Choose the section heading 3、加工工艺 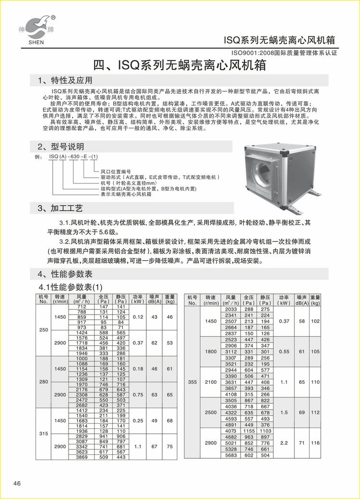[60, 208]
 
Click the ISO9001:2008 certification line [285, 53]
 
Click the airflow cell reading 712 [82, 306]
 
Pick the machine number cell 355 [192, 382]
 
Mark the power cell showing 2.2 [285, 443]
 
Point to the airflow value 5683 [231, 455]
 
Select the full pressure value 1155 [249, 431]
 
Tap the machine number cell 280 [44, 382]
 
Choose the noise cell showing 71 [301, 443]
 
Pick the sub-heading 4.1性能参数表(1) [71, 287]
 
